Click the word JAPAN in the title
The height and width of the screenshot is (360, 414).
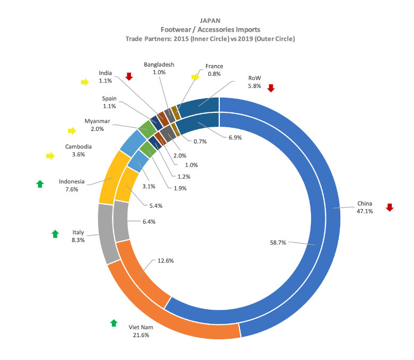coord(210,21)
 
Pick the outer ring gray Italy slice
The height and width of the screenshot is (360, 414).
coord(106,233)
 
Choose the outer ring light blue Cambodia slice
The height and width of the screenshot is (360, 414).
coord(130,143)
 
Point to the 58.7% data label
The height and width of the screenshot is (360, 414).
coord(278,242)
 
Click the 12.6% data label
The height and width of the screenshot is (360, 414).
coord(166,261)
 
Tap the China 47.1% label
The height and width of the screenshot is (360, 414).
coord(365,207)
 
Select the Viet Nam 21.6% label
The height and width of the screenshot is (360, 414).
coord(141,331)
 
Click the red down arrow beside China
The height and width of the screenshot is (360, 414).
coord(390,207)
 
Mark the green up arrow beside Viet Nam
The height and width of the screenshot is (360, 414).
coord(114,323)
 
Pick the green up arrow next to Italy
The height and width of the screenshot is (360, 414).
coord(55,234)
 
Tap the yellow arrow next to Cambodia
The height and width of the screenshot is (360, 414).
coord(50,156)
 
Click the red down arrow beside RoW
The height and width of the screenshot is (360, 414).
coord(271,88)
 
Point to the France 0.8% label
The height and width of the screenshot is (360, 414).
coord(214,70)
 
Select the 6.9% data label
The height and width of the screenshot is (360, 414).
coord(235,137)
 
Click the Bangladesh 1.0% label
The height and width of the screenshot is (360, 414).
coord(159,68)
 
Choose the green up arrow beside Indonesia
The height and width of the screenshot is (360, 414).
coord(40,184)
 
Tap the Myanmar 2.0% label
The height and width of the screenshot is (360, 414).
coord(97,125)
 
